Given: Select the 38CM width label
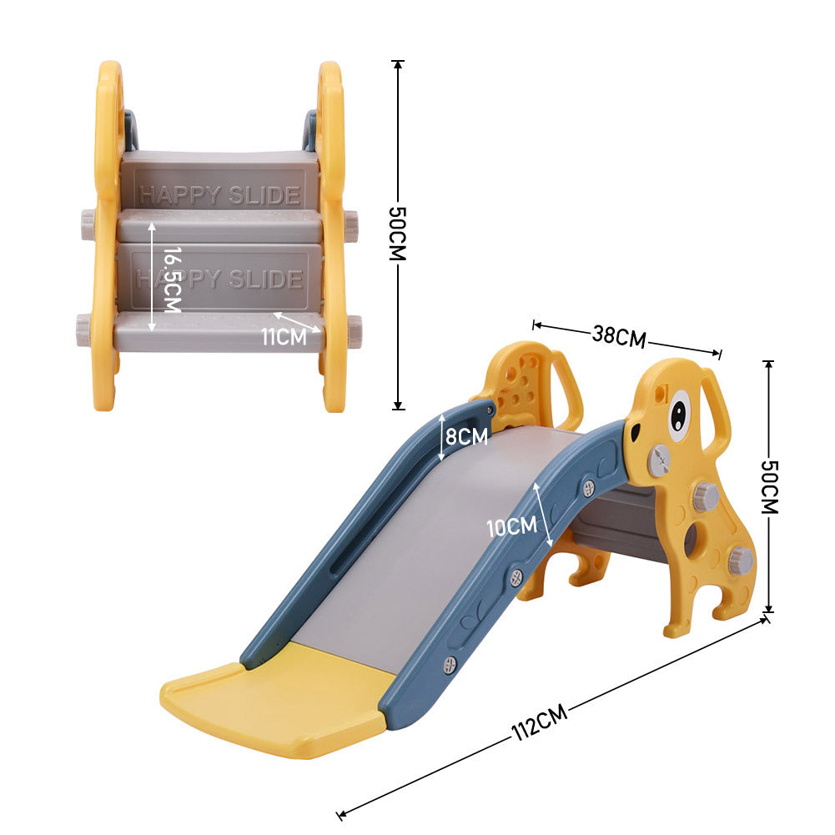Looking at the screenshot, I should tap(619, 335).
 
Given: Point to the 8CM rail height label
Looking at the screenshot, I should tap(466, 435).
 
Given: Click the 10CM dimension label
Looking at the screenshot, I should tap(511, 526).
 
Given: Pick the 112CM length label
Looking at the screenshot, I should tap(540, 722).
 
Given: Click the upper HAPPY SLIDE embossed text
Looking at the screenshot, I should tap(219, 195).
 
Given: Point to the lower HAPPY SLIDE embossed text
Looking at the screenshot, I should tap(219, 278).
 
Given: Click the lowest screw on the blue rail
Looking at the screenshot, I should tap(450, 663).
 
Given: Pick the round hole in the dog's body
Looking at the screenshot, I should tap(693, 540).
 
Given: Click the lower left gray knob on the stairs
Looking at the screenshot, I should tap(86, 324).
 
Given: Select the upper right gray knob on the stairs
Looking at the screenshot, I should tap(351, 225).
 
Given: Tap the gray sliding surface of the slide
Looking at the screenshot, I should tap(434, 534).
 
